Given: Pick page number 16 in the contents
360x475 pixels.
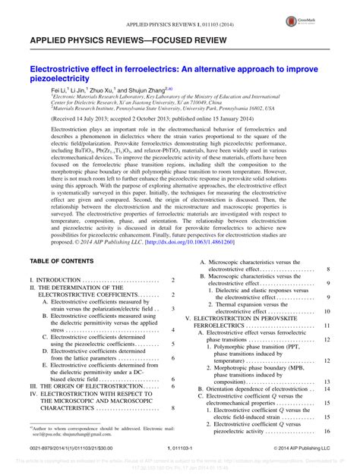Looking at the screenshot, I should pos(327,431).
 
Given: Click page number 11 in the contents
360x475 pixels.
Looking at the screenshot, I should pos(327,325).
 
